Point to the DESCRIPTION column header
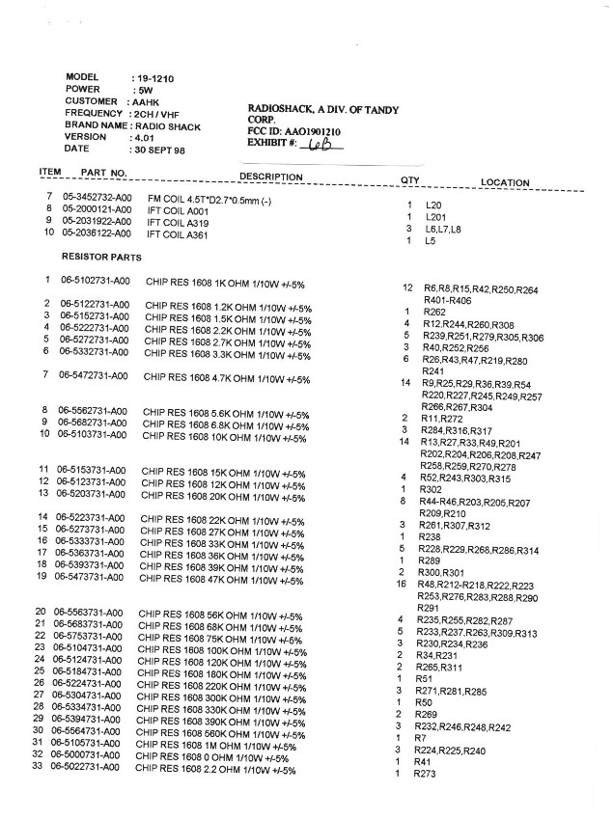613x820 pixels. click(x=271, y=178)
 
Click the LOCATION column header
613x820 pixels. click(x=505, y=182)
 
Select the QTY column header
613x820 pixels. click(x=409, y=180)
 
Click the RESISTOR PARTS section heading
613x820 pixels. click(x=102, y=258)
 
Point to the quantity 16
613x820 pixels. click(x=400, y=585)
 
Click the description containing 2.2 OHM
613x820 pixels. click(x=215, y=770)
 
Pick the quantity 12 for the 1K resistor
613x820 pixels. click(x=407, y=288)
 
